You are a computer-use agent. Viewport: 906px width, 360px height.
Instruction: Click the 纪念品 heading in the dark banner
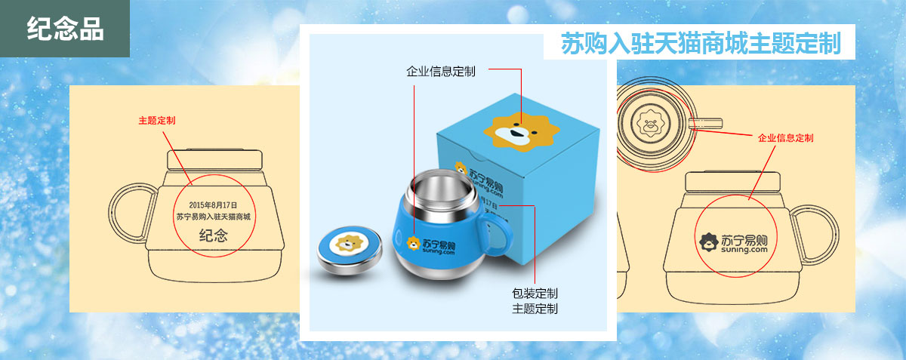[x=65, y=29]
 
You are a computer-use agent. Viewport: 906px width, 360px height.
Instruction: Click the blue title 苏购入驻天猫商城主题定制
[x=701, y=43]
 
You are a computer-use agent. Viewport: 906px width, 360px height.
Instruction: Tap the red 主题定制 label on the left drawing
[x=157, y=121]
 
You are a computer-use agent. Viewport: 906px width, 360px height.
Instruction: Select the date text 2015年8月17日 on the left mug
[x=213, y=205]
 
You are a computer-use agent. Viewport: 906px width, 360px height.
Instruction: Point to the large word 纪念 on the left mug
[x=214, y=235]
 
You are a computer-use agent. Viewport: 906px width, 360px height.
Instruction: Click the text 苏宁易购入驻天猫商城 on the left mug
[x=214, y=217]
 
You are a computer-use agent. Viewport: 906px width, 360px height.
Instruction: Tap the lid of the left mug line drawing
[x=214, y=160]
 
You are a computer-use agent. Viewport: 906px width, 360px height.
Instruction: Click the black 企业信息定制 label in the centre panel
[x=440, y=72]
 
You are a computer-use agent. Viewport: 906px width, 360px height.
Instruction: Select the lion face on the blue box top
[x=522, y=132]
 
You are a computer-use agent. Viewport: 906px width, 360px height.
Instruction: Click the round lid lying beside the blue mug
[x=350, y=250]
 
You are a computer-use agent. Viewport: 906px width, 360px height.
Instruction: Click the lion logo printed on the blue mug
[x=414, y=243]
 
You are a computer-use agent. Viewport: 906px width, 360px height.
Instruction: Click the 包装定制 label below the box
[x=535, y=294]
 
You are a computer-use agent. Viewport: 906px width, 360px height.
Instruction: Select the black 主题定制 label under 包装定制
[x=535, y=309]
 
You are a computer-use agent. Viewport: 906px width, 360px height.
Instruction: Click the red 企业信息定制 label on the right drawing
[x=785, y=138]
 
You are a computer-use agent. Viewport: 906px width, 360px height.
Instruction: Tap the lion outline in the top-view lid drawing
[x=650, y=122]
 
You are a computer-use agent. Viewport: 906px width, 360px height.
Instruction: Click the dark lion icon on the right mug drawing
[x=710, y=242]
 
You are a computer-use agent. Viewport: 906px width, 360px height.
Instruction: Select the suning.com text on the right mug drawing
[x=744, y=250]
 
